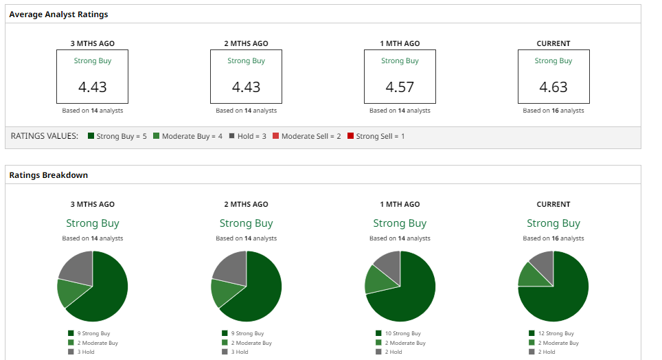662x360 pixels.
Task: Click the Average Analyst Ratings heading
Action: pos(58,14)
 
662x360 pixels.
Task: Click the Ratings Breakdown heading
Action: pos(48,175)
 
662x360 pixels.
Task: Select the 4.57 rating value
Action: pos(400,87)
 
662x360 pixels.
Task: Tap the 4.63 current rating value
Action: pos(553,87)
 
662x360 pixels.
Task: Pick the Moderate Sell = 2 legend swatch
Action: pos(275,136)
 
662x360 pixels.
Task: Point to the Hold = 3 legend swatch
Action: pos(231,136)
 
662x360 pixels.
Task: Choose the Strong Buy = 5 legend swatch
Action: pos(91,136)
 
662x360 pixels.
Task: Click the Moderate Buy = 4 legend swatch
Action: pos(156,136)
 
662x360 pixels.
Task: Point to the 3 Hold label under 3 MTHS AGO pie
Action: pos(86,352)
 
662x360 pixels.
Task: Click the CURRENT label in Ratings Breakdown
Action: pos(553,204)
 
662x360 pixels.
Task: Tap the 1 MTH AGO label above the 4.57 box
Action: pos(400,43)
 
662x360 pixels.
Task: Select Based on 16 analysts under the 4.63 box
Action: pos(553,111)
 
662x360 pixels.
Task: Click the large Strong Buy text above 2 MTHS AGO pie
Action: pos(246,223)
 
